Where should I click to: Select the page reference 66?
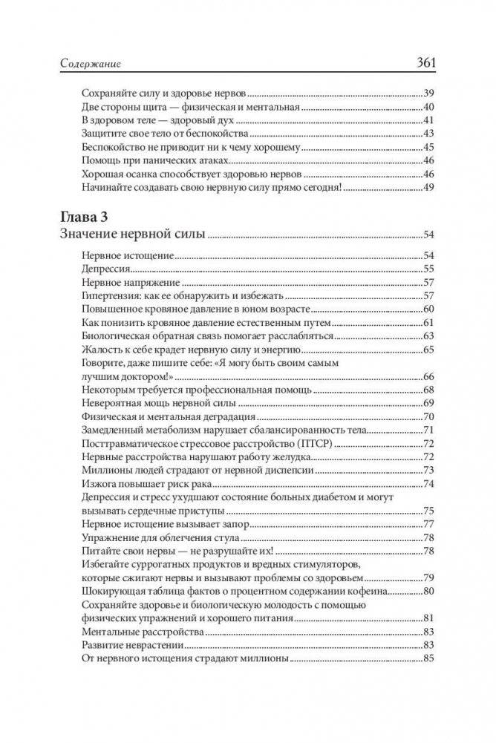pyautogui.click(x=428, y=376)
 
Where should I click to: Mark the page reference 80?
pyautogui.click(x=428, y=592)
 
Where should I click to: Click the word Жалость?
pyautogui.click(x=99, y=349)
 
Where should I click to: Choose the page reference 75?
pyautogui.click(x=428, y=511)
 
